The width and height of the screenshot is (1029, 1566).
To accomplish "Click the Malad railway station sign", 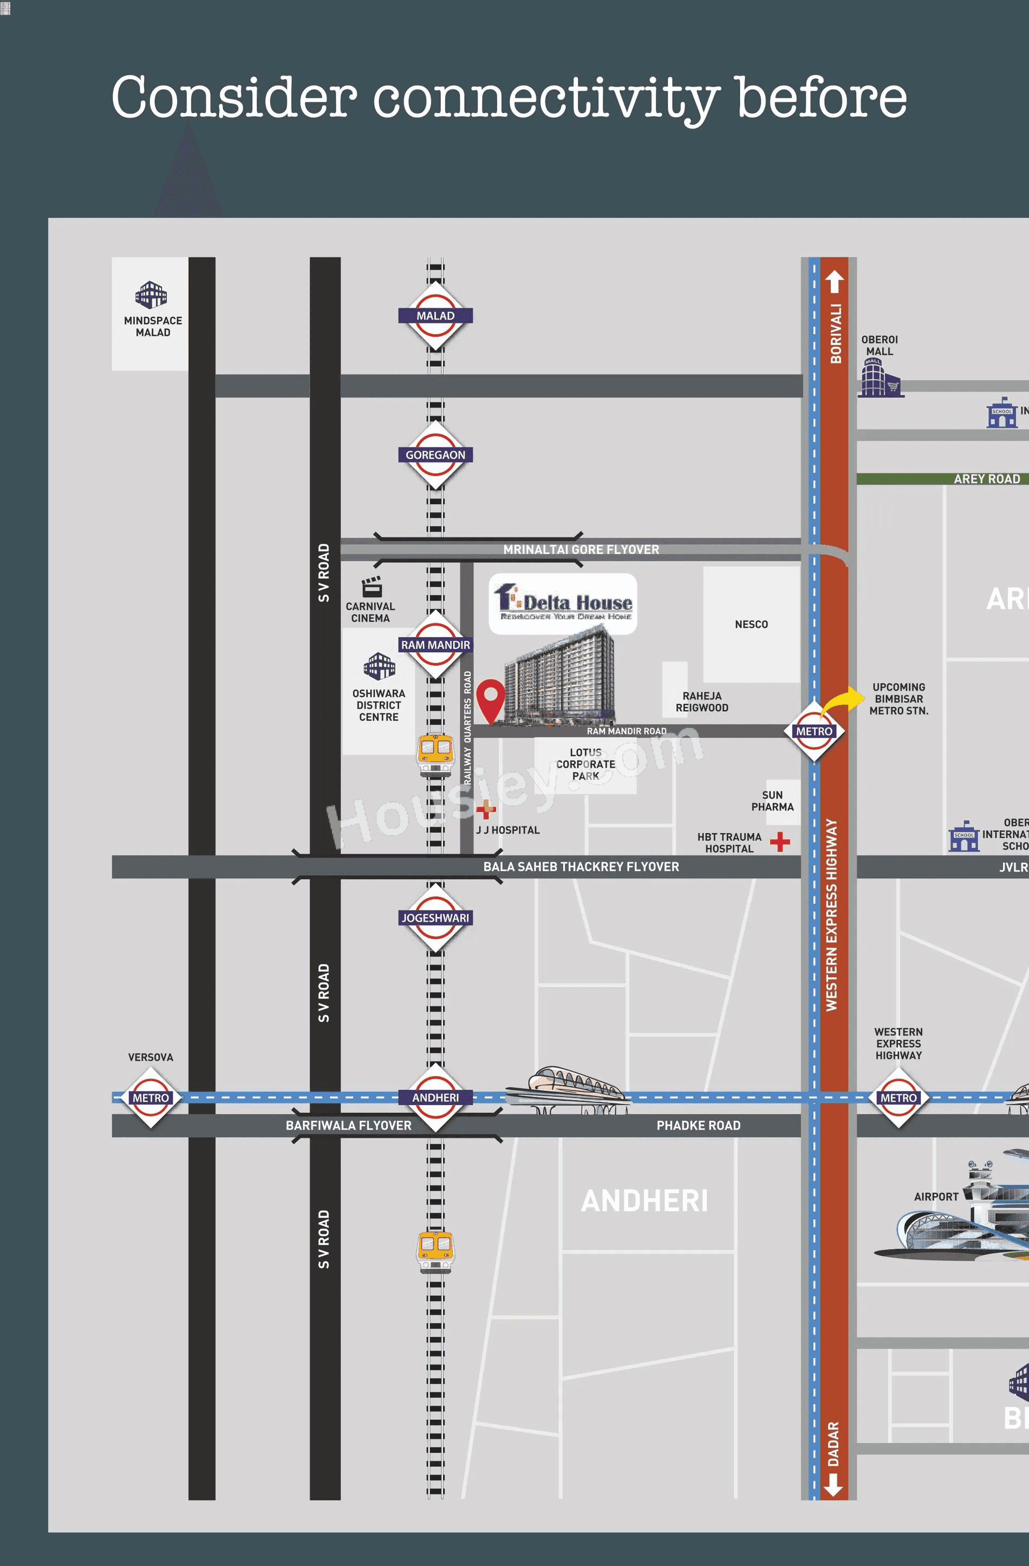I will pyautogui.click(x=435, y=316).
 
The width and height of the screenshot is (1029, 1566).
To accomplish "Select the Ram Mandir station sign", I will pyautogui.click(x=435, y=645).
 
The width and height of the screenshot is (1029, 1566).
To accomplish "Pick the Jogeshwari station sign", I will pyautogui.click(x=435, y=918).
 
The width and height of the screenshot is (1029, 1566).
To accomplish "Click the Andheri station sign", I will pyautogui.click(x=435, y=1097).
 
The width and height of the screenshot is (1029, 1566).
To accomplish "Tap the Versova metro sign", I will pyautogui.click(x=151, y=1097).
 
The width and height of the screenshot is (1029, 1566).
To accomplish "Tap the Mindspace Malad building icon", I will pyautogui.click(x=151, y=295).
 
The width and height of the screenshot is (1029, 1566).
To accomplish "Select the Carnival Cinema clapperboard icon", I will pyautogui.click(x=372, y=586).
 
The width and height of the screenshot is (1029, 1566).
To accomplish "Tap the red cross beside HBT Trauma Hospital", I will pyautogui.click(x=780, y=841).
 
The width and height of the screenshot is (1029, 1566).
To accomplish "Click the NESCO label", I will pyautogui.click(x=751, y=625).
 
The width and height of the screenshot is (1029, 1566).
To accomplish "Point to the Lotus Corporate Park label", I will pyautogui.click(x=585, y=764).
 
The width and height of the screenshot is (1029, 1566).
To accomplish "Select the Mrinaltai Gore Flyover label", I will pyautogui.click(x=581, y=549).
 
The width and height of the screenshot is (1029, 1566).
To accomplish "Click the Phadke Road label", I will pyautogui.click(x=698, y=1126).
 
